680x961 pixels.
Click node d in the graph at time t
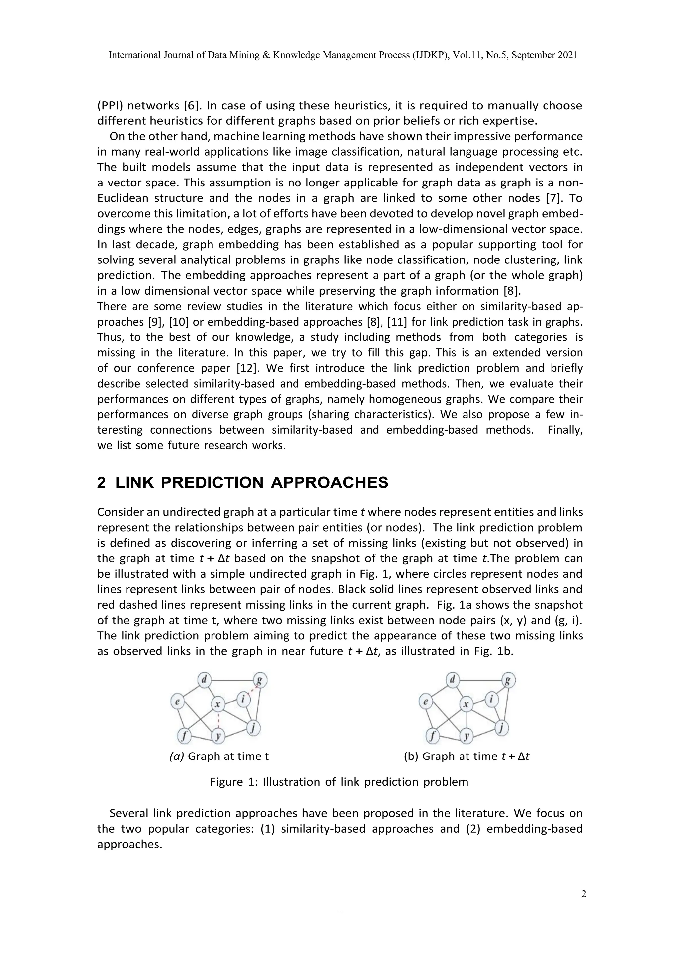(x=204, y=680)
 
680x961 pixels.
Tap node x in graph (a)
(x=218, y=705)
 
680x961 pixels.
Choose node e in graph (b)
(x=425, y=702)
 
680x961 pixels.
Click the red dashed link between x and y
(x=218, y=720)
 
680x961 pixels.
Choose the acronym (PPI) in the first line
(x=109, y=105)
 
